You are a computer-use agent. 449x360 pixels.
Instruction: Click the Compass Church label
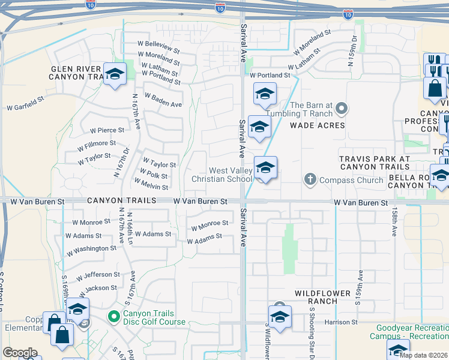(x=351, y=180)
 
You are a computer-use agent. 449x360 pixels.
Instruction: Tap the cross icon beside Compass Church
(x=310, y=179)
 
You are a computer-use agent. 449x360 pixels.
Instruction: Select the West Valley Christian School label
(x=221, y=175)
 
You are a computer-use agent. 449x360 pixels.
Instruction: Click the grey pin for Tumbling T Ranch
(x=342, y=109)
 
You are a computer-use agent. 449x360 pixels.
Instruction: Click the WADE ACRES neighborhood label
(x=318, y=125)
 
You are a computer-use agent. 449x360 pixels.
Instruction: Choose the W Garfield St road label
(x=25, y=107)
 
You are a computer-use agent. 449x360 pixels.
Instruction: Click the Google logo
(x=20, y=353)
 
